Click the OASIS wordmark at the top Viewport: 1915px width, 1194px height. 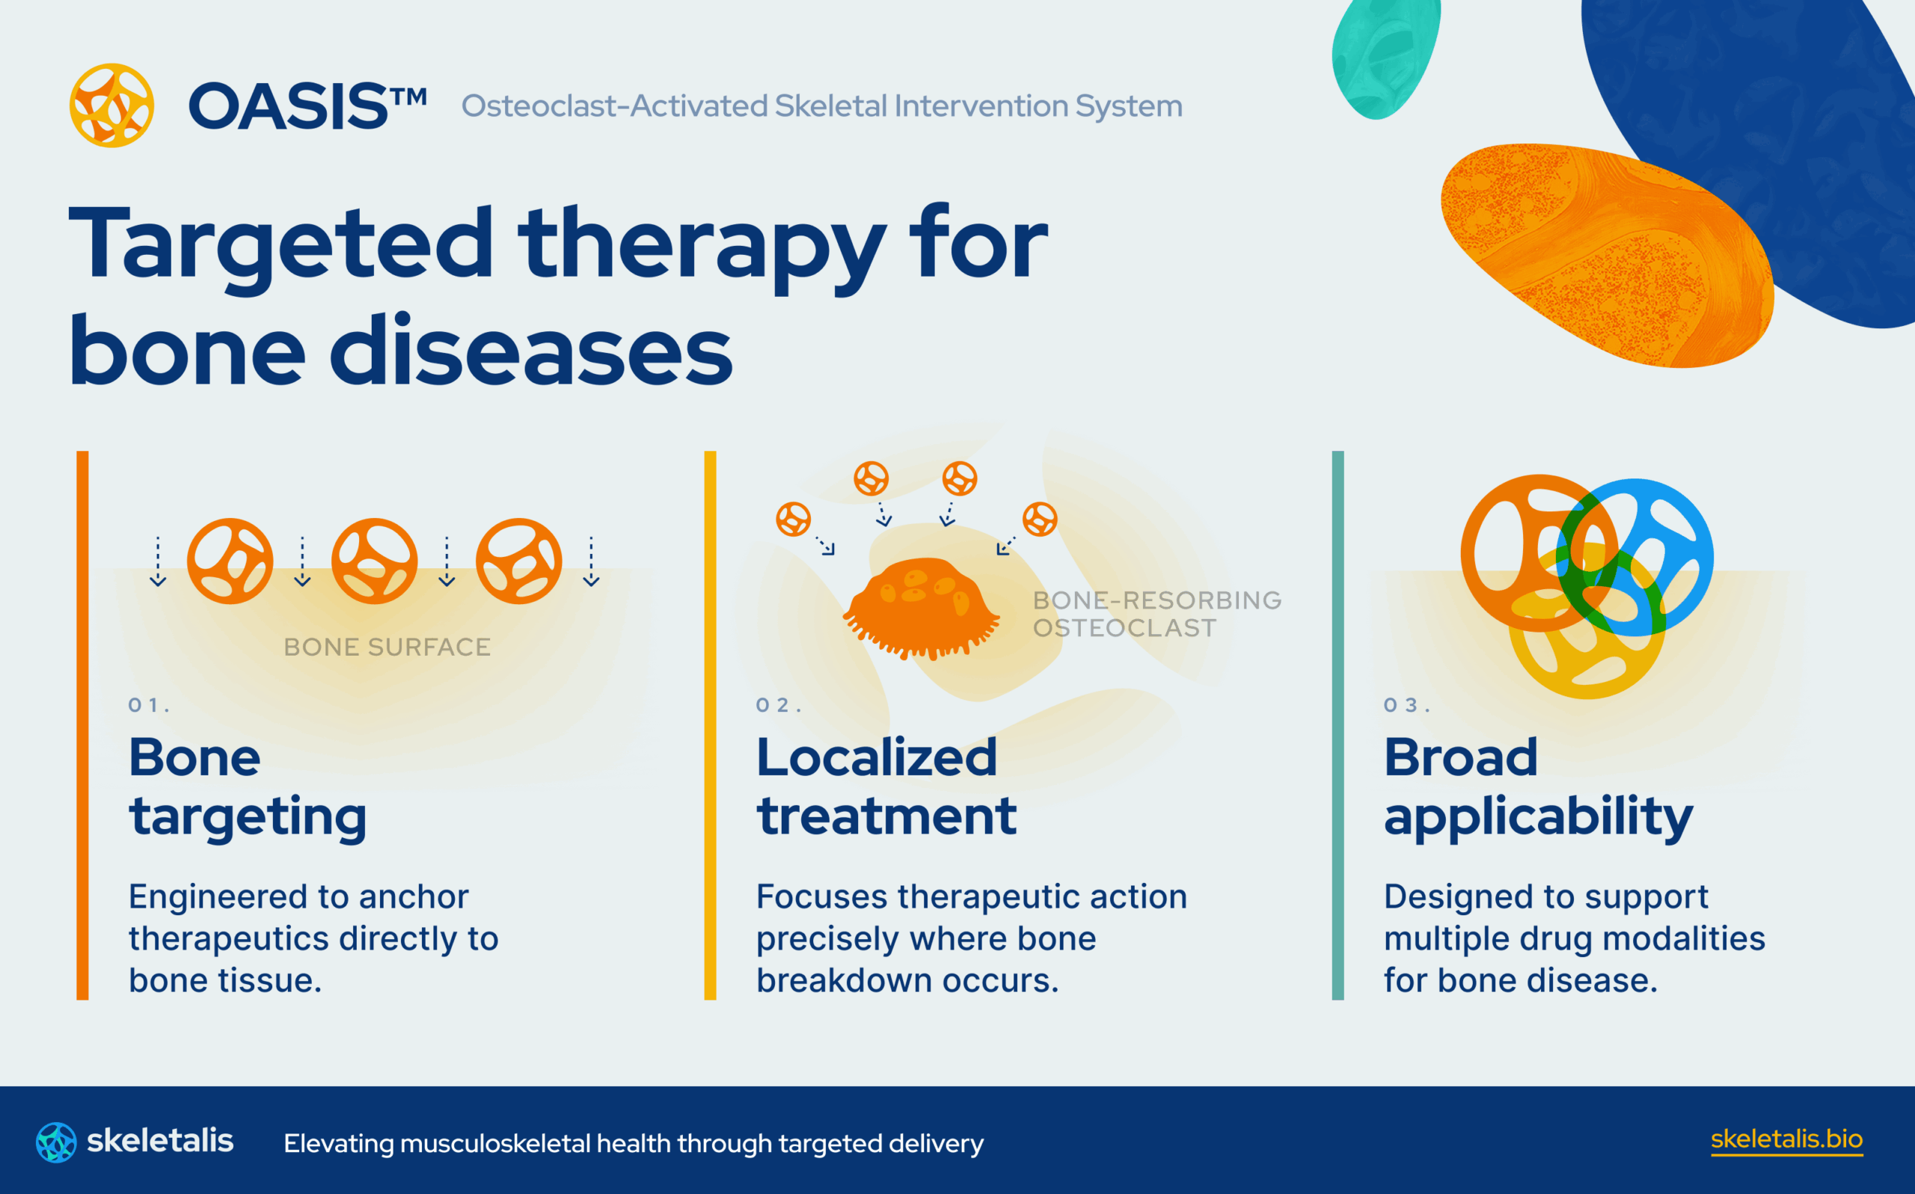307,106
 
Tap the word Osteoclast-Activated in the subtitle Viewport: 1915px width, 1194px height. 614,106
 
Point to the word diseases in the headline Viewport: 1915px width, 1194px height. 531,351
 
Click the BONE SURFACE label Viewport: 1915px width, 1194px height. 387,647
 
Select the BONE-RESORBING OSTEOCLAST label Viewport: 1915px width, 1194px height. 1156,614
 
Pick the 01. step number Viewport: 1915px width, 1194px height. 147,705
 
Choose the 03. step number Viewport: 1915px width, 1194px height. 1406,705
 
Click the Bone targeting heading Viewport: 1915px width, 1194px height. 247,787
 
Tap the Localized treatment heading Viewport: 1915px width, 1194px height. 886,787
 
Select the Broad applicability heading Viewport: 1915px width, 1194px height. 1537,787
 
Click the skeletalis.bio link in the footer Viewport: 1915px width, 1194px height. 1786,1139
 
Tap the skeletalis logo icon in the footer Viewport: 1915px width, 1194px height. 56,1142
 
